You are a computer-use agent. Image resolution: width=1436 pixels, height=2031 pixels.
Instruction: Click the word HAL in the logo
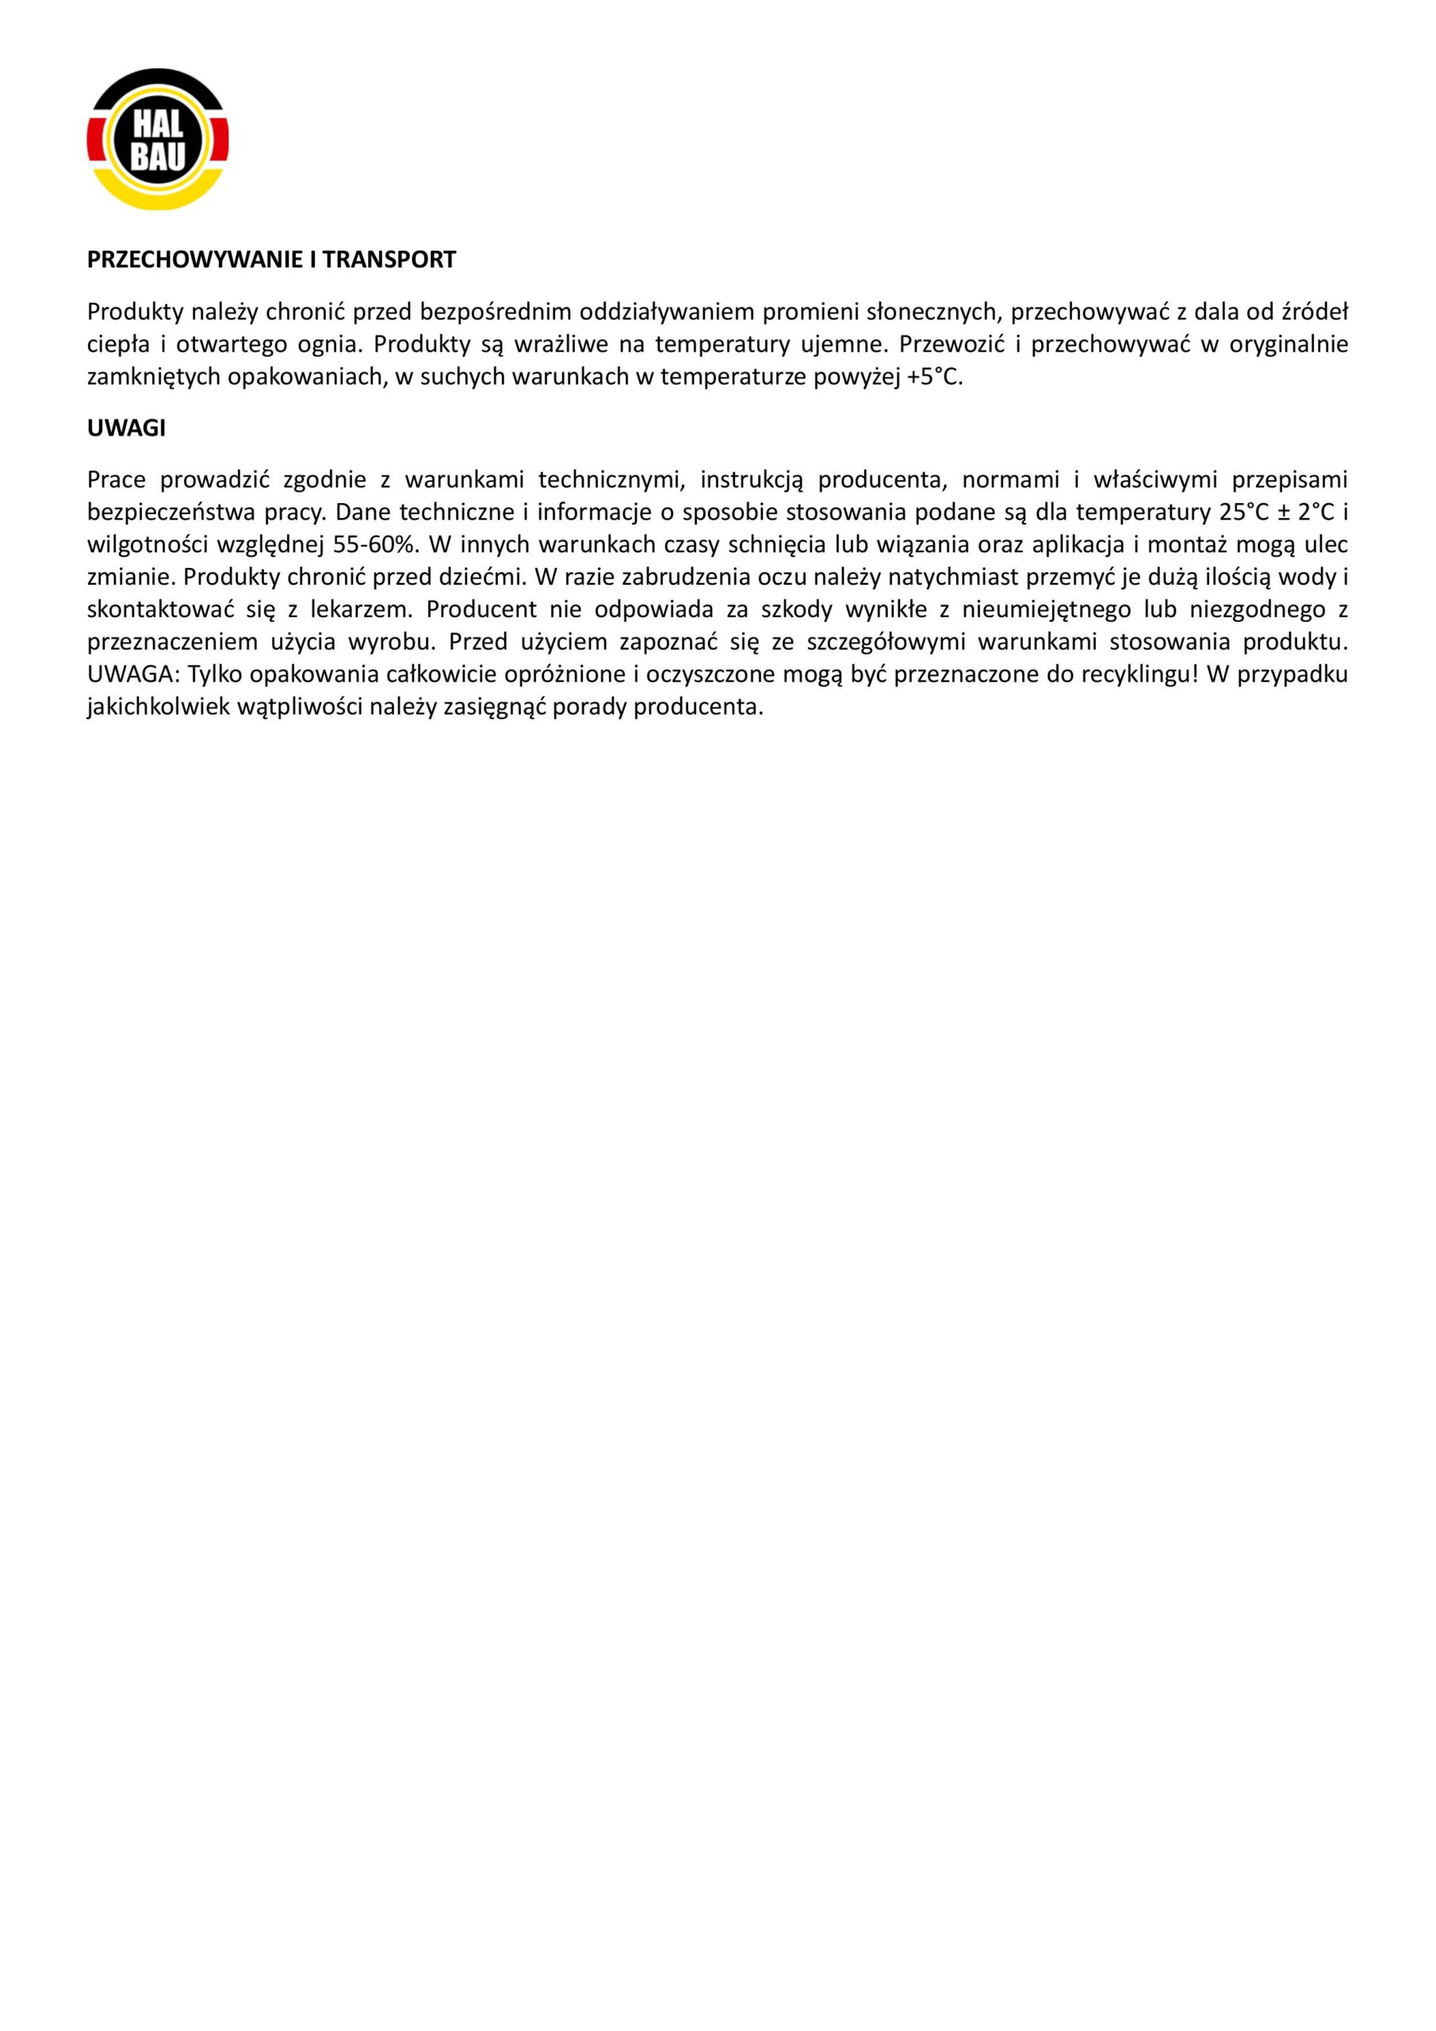coord(159,125)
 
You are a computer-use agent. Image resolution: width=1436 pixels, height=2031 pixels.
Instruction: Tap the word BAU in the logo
coord(159,156)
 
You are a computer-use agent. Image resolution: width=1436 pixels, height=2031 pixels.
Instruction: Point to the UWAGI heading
coord(126,428)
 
